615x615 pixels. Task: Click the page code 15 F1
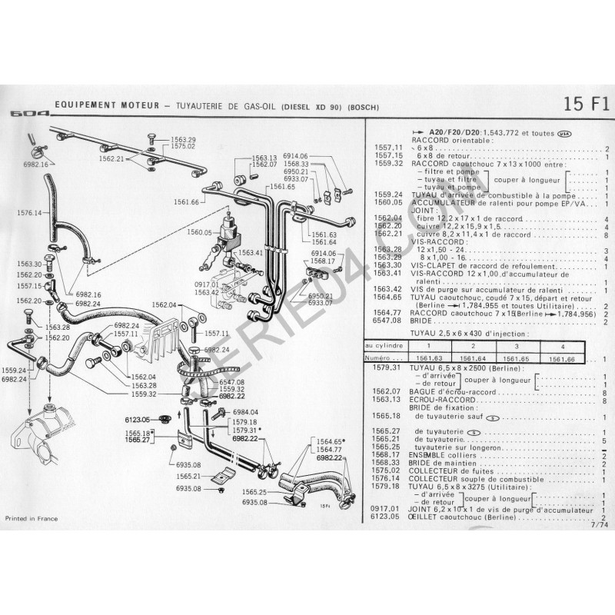pos(585,104)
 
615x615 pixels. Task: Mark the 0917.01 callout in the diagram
pos(206,284)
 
